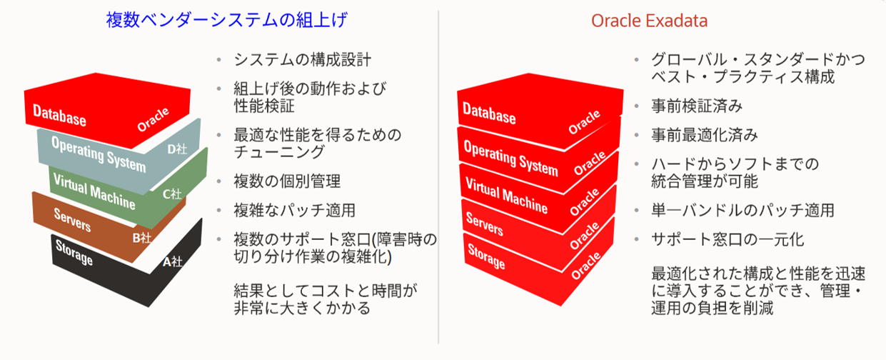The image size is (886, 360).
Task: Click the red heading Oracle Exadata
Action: (x=649, y=21)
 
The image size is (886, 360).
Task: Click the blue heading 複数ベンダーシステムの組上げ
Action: (x=226, y=20)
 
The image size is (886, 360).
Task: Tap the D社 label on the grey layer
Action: (x=177, y=149)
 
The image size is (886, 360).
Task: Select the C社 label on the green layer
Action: (x=172, y=194)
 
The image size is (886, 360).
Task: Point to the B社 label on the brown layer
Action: (x=142, y=238)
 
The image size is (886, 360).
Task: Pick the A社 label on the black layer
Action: (x=173, y=261)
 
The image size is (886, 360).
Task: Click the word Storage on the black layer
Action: (x=74, y=252)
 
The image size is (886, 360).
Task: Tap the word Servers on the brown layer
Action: (x=72, y=220)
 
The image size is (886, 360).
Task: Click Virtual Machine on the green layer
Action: (x=94, y=191)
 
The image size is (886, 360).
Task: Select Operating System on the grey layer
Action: (x=99, y=154)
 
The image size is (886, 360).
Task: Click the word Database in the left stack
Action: (x=59, y=115)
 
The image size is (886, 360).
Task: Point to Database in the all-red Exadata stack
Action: (x=489, y=113)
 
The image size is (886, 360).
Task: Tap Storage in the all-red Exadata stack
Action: (x=486, y=256)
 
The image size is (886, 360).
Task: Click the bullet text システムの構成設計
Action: (x=302, y=60)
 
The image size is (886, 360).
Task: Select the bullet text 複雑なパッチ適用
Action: (x=294, y=210)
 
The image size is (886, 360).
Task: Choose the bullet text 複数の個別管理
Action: (x=287, y=181)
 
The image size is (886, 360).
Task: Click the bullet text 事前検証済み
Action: (x=697, y=106)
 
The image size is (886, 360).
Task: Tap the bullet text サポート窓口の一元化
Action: (x=728, y=239)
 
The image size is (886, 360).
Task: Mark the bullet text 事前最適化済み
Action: (x=705, y=135)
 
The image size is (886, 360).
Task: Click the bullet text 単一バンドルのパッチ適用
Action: (x=742, y=210)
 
